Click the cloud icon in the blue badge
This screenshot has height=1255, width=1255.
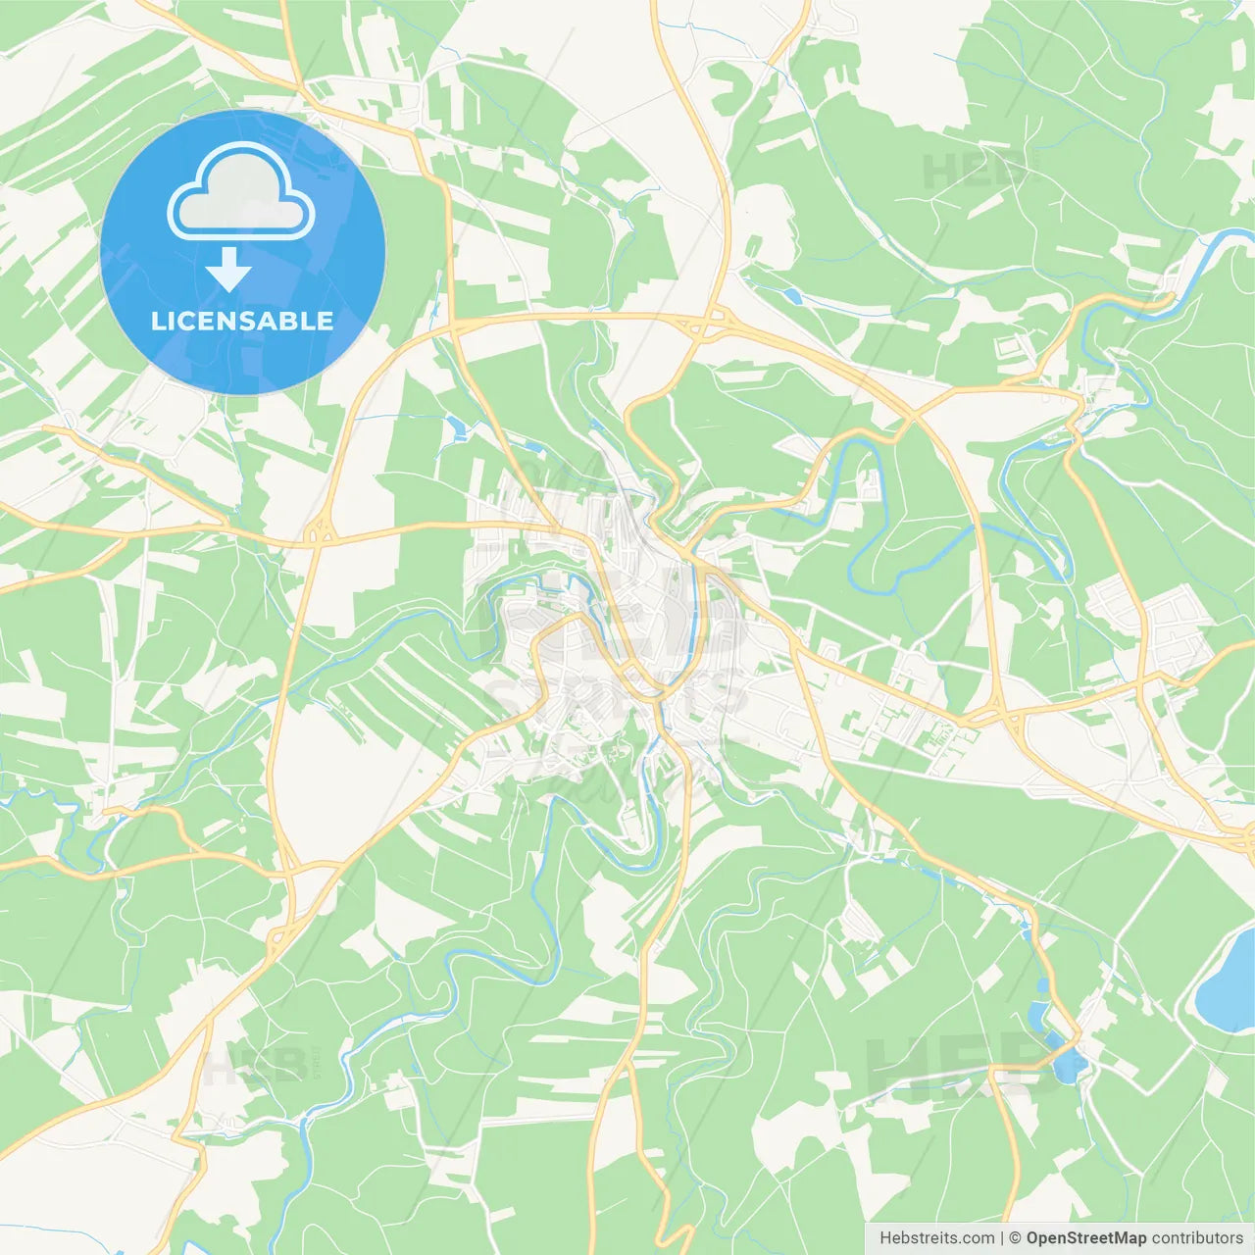tap(241, 191)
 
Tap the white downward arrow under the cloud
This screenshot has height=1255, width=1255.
tap(228, 271)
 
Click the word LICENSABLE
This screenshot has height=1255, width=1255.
tap(242, 321)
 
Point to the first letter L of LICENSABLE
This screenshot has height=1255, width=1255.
tap(158, 321)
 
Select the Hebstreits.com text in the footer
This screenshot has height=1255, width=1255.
tap(936, 1238)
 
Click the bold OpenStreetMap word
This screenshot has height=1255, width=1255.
tap(1086, 1238)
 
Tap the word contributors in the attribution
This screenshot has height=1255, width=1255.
tap(1197, 1238)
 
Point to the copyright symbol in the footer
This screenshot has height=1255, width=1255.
tap(1015, 1238)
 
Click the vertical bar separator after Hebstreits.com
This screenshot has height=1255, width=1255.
tap(1002, 1238)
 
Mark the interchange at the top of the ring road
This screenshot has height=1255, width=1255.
tap(708, 322)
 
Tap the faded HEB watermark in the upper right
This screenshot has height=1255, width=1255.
tap(971, 173)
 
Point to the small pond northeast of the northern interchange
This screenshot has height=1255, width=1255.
tap(790, 295)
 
